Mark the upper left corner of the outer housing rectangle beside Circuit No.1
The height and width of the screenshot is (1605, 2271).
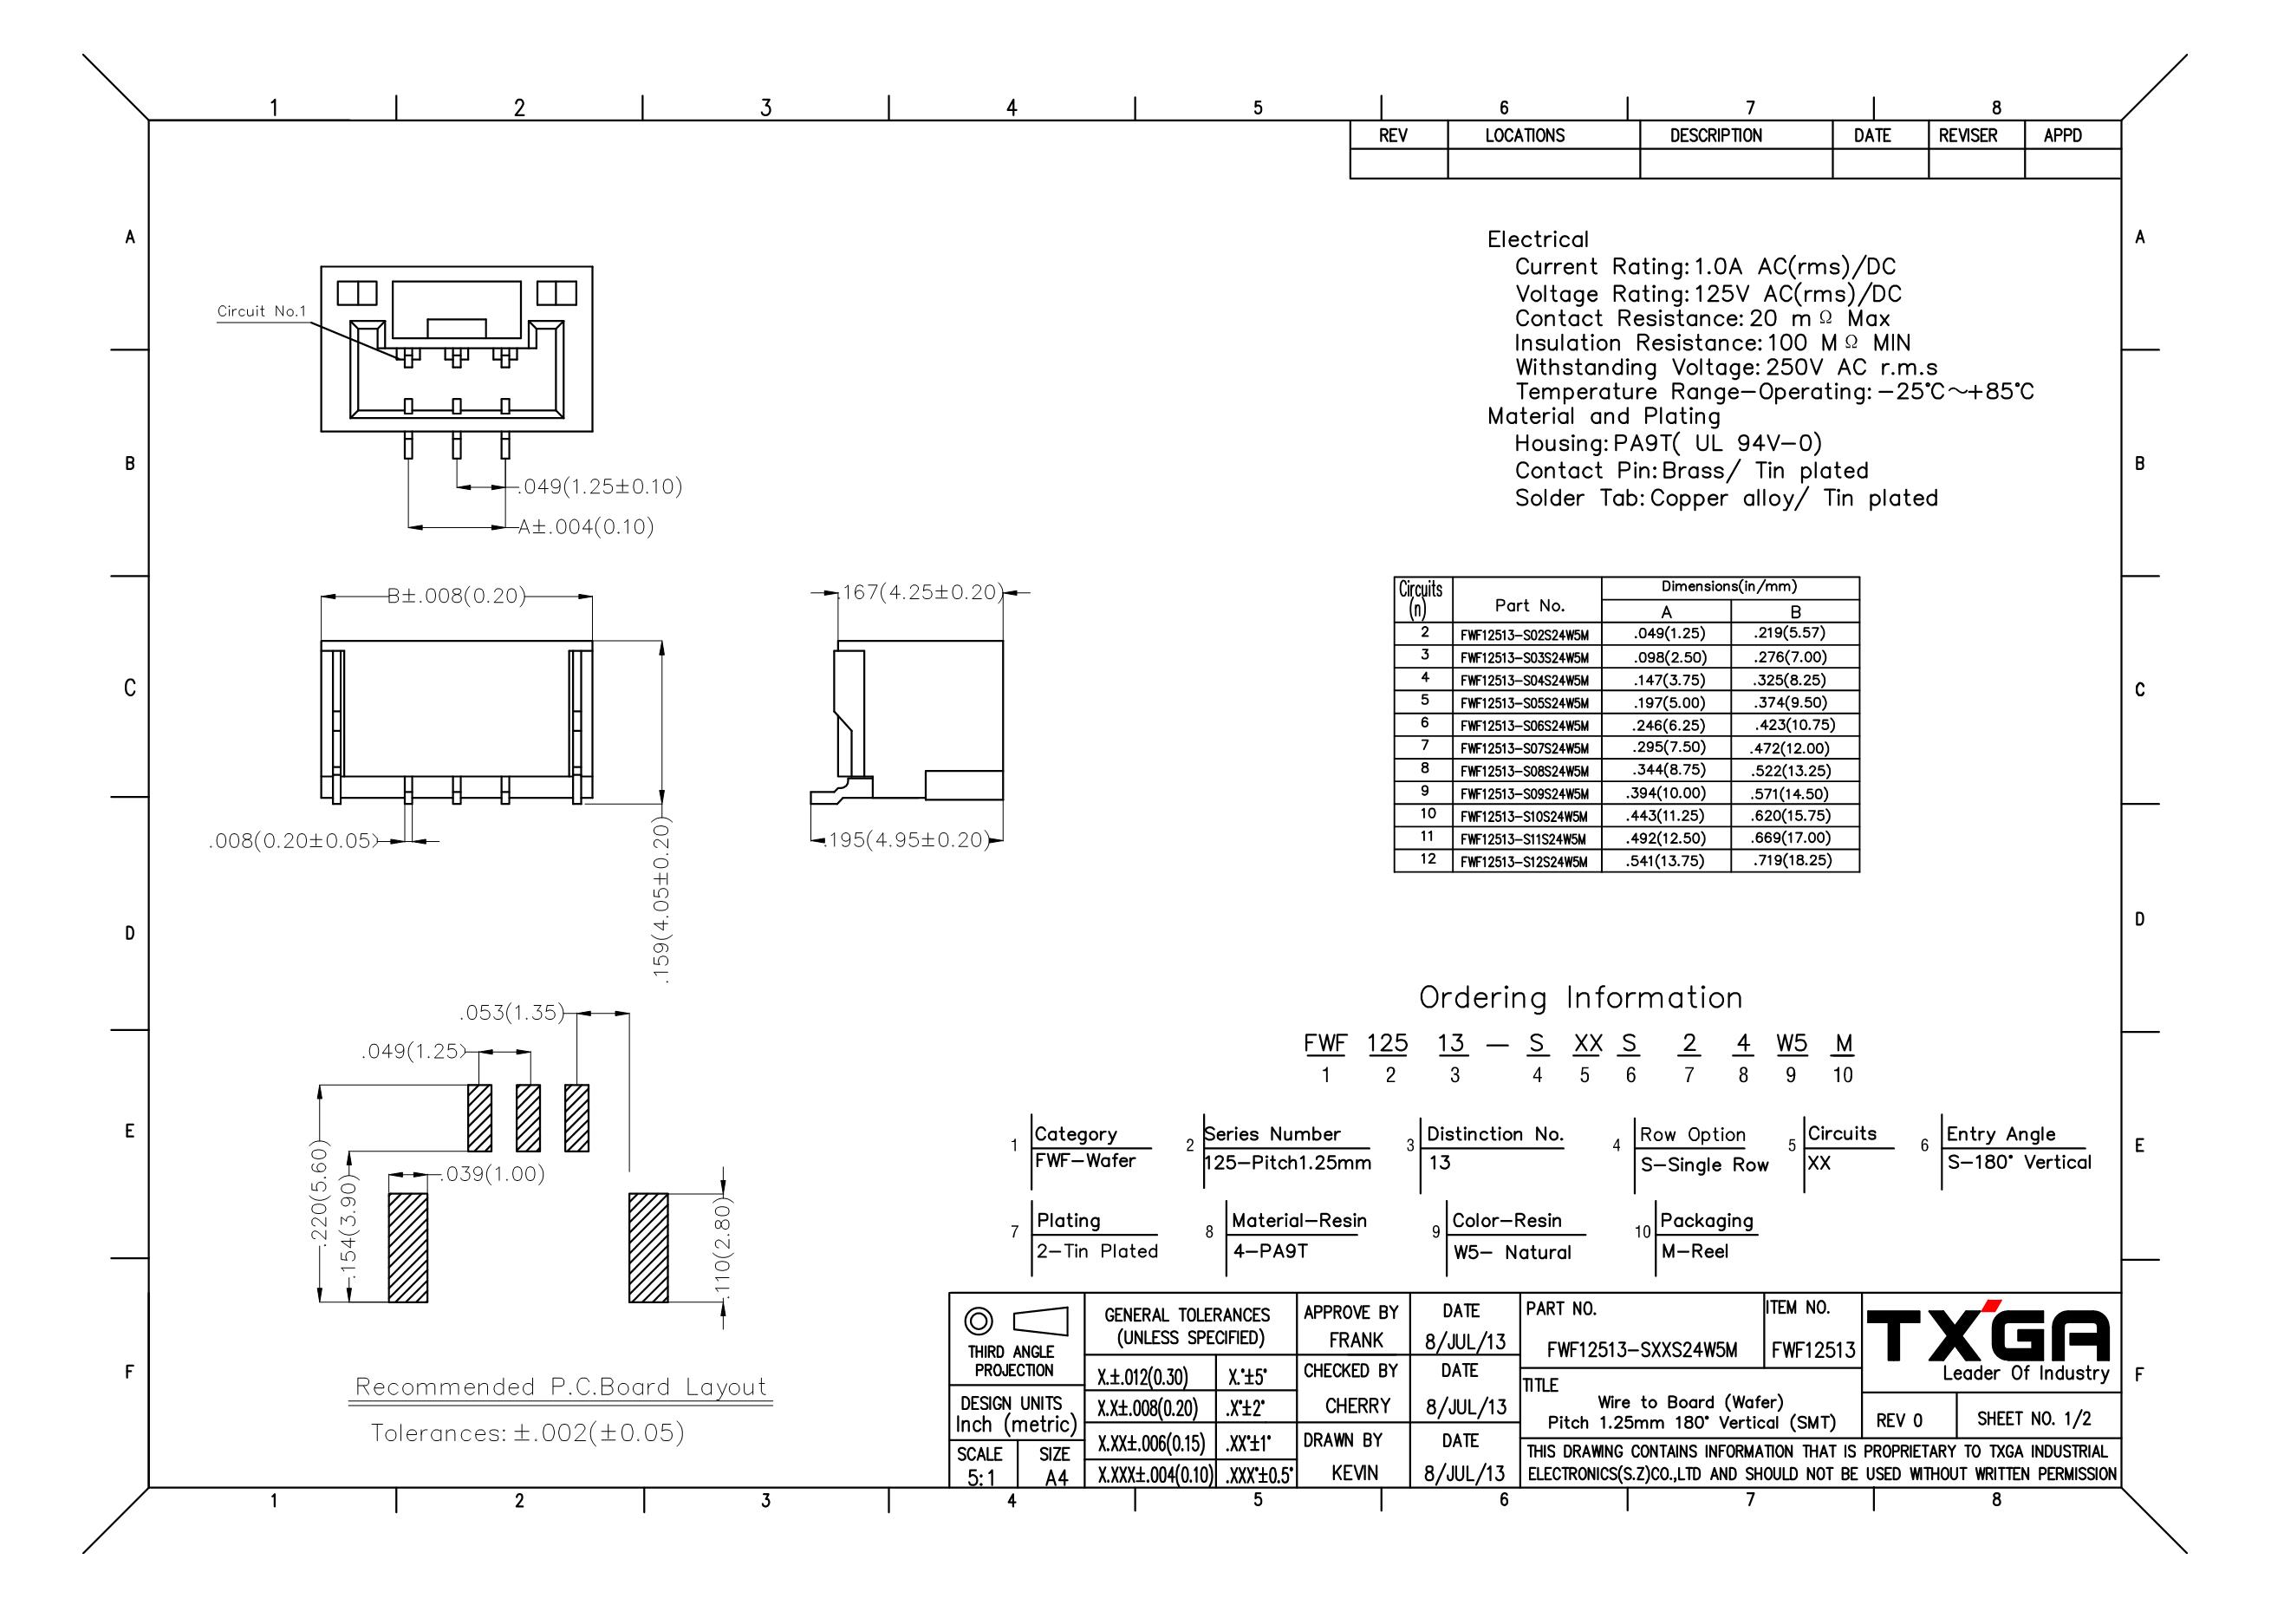click(x=322, y=266)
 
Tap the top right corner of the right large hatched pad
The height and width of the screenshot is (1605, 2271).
click(x=668, y=1193)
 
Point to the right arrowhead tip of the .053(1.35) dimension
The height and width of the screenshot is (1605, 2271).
click(x=629, y=1014)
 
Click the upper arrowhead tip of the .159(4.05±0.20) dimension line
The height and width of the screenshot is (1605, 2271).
click(x=661, y=640)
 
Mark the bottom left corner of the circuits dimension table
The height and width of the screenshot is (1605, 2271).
click(x=1395, y=871)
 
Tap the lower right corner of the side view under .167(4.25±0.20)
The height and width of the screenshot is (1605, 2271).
click(x=1003, y=799)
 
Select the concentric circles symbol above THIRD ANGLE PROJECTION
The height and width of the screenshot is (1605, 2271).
click(x=979, y=1321)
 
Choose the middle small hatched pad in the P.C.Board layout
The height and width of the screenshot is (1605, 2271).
click(x=528, y=1119)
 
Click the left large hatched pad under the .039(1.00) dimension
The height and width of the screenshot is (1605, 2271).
click(x=407, y=1248)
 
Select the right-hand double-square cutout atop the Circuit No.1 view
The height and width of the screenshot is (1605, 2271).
click(x=556, y=293)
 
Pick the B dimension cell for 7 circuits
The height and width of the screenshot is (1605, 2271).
click(x=1794, y=748)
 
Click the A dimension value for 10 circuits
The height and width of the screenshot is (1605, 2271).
click(x=1666, y=816)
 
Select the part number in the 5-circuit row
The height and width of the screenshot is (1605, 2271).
click(x=1524, y=703)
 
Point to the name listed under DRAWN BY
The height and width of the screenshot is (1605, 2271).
click(x=1354, y=1472)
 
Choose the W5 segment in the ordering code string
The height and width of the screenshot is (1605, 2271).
click(x=1792, y=1043)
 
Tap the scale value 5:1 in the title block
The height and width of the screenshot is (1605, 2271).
click(x=980, y=1478)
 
